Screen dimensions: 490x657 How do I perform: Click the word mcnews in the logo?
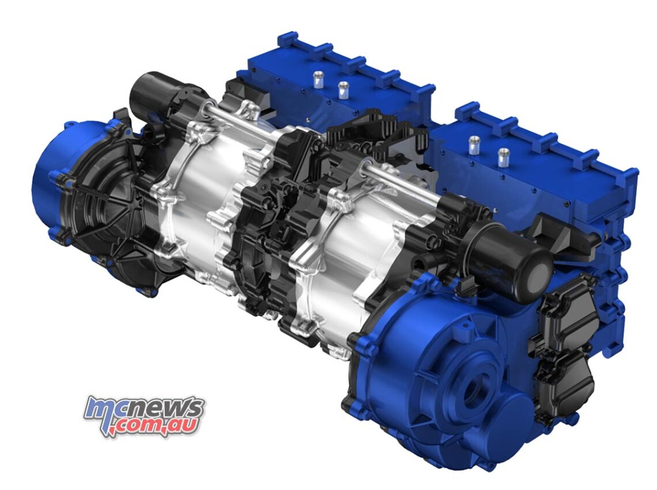(144, 409)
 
